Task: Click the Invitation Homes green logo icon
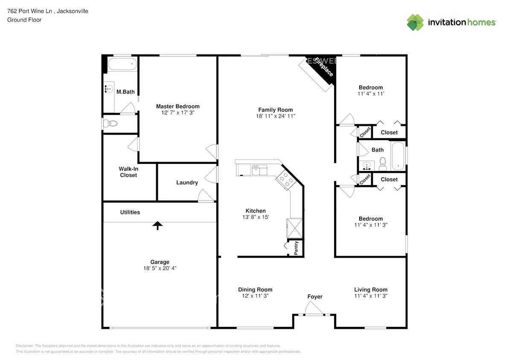[415, 23]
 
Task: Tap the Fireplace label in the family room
[324, 67]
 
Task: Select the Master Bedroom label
[178, 106]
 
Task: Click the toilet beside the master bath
[111, 123]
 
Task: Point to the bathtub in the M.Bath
[122, 64]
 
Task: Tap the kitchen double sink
[259, 170]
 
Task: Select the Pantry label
[296, 248]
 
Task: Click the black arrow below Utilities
[157, 225]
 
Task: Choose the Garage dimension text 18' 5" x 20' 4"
[160, 268]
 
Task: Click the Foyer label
[315, 297]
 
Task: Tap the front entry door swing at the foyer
[314, 308]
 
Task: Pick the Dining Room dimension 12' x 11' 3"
[255, 296]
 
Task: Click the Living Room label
[371, 290]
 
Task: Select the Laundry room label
[187, 183]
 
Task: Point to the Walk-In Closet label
[128, 172]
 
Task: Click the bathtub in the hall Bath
[398, 156]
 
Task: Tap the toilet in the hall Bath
[383, 164]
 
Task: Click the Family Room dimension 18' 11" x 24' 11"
[276, 116]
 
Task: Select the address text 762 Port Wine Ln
[30, 11]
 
